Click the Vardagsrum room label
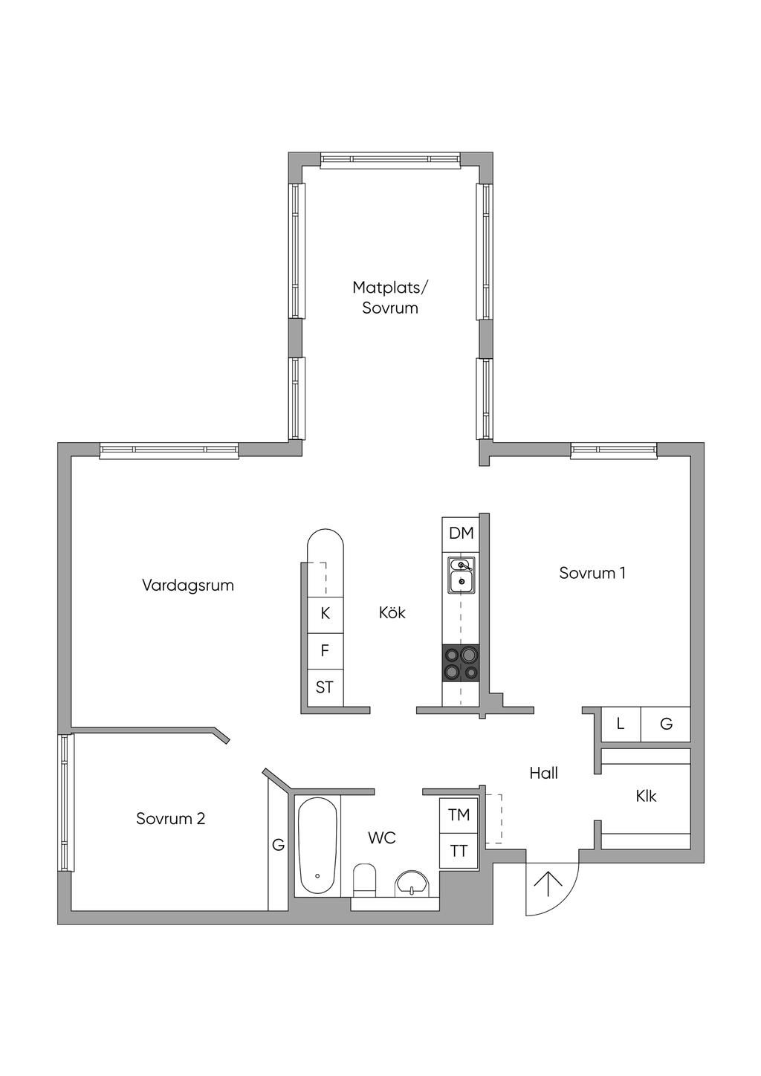188,586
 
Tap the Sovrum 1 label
592,573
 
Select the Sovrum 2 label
170,819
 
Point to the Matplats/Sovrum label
389,298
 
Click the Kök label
392,612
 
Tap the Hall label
543,773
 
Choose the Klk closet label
646,797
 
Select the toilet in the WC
365,880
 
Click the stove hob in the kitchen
461,663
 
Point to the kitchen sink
462,575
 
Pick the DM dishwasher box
460,534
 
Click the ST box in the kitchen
326,687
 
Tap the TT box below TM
459,851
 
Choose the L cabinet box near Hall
621,724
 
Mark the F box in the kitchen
326,651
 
